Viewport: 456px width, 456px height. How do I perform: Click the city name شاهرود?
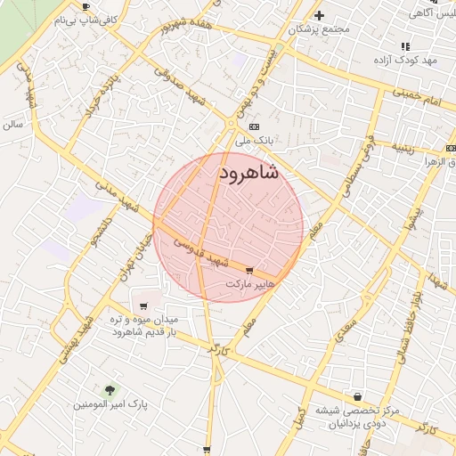tap(248, 172)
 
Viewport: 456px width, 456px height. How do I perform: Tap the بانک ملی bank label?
tap(252, 141)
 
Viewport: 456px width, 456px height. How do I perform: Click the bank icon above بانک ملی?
tap(254, 126)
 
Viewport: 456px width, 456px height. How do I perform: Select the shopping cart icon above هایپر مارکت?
tap(248, 270)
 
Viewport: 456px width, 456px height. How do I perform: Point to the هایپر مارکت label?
tap(252, 284)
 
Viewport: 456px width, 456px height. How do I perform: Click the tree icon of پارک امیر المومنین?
tap(110, 390)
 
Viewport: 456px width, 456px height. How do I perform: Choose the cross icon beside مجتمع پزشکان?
tap(319, 15)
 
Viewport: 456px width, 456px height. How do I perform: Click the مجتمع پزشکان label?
tap(320, 29)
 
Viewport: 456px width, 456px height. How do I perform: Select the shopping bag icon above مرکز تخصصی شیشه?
tap(358, 396)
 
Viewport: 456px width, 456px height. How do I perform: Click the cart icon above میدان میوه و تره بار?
tap(143, 305)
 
